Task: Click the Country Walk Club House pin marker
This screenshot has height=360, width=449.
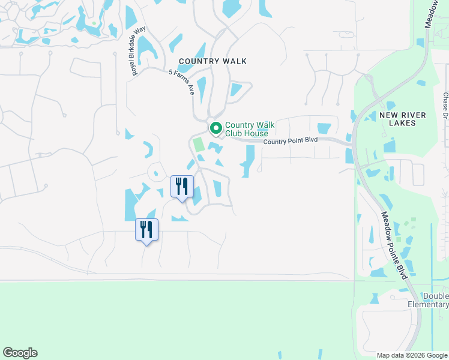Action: pyautogui.click(x=215, y=128)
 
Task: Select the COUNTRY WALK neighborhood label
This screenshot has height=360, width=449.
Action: pyautogui.click(x=212, y=61)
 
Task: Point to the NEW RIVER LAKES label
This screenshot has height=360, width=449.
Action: pyautogui.click(x=403, y=119)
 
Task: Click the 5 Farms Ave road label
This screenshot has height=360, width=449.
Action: pyautogui.click(x=182, y=82)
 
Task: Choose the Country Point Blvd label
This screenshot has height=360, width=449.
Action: pyautogui.click(x=290, y=141)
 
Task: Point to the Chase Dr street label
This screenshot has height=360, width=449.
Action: pyautogui.click(x=445, y=106)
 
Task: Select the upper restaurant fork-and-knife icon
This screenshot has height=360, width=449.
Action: pyautogui.click(x=182, y=186)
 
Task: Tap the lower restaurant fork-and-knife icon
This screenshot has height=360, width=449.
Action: pyautogui.click(x=146, y=229)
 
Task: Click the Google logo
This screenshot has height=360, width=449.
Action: pyautogui.click(x=20, y=353)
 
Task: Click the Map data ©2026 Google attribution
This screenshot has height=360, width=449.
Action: pyautogui.click(x=411, y=355)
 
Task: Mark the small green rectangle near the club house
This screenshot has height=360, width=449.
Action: pyautogui.click(x=198, y=145)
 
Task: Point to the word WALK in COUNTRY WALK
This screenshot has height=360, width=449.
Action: pyautogui.click(x=234, y=61)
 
